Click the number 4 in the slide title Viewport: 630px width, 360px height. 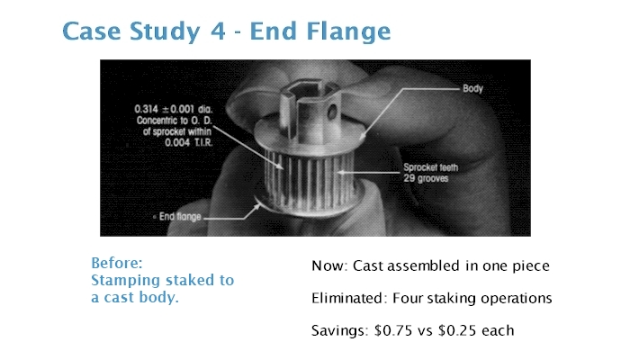pyautogui.click(x=218, y=31)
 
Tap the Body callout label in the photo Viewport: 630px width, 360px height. pyautogui.click(x=472, y=89)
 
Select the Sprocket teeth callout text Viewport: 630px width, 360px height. pyautogui.click(x=431, y=167)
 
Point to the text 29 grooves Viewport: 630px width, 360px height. pyautogui.click(x=426, y=178)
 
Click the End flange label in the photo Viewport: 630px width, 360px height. pyautogui.click(x=180, y=217)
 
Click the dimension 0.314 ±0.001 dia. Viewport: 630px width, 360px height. pyautogui.click(x=174, y=109)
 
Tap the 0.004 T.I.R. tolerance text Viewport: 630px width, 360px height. pyautogui.click(x=188, y=142)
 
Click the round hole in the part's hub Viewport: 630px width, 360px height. pyautogui.click(x=332, y=112)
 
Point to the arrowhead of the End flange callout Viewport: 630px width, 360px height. pyautogui.click(x=257, y=206)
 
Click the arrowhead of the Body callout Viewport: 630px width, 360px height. pyautogui.click(x=362, y=137)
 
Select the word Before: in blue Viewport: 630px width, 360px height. pyautogui.click(x=117, y=263)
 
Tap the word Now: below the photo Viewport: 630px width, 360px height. pyautogui.click(x=330, y=266)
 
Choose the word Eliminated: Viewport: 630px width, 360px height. pyautogui.click(x=347, y=299)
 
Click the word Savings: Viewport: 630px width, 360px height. pyautogui.click(x=340, y=331)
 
